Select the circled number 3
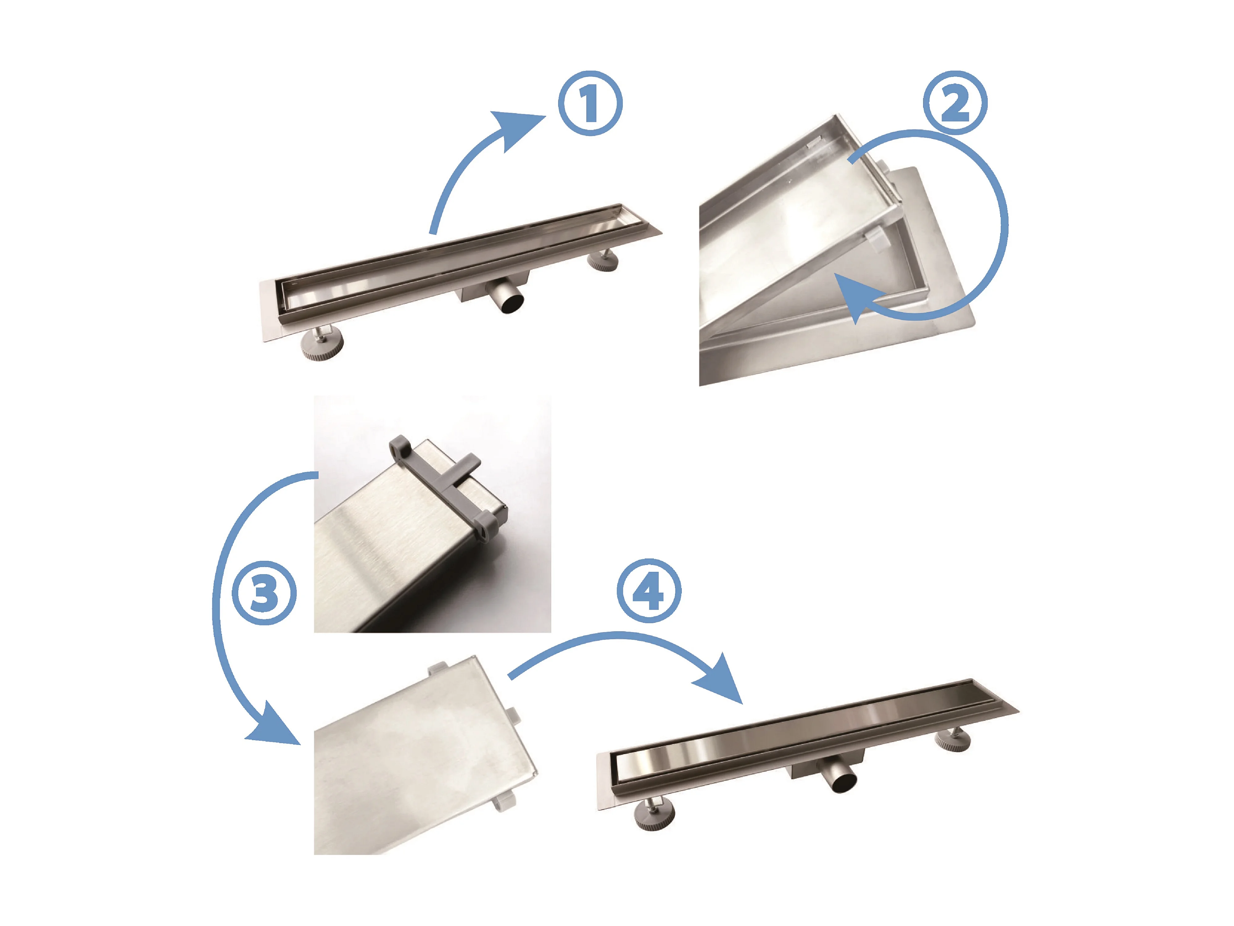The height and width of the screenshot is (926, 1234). click(264, 592)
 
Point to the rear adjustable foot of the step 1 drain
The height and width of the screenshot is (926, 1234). click(603, 260)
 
